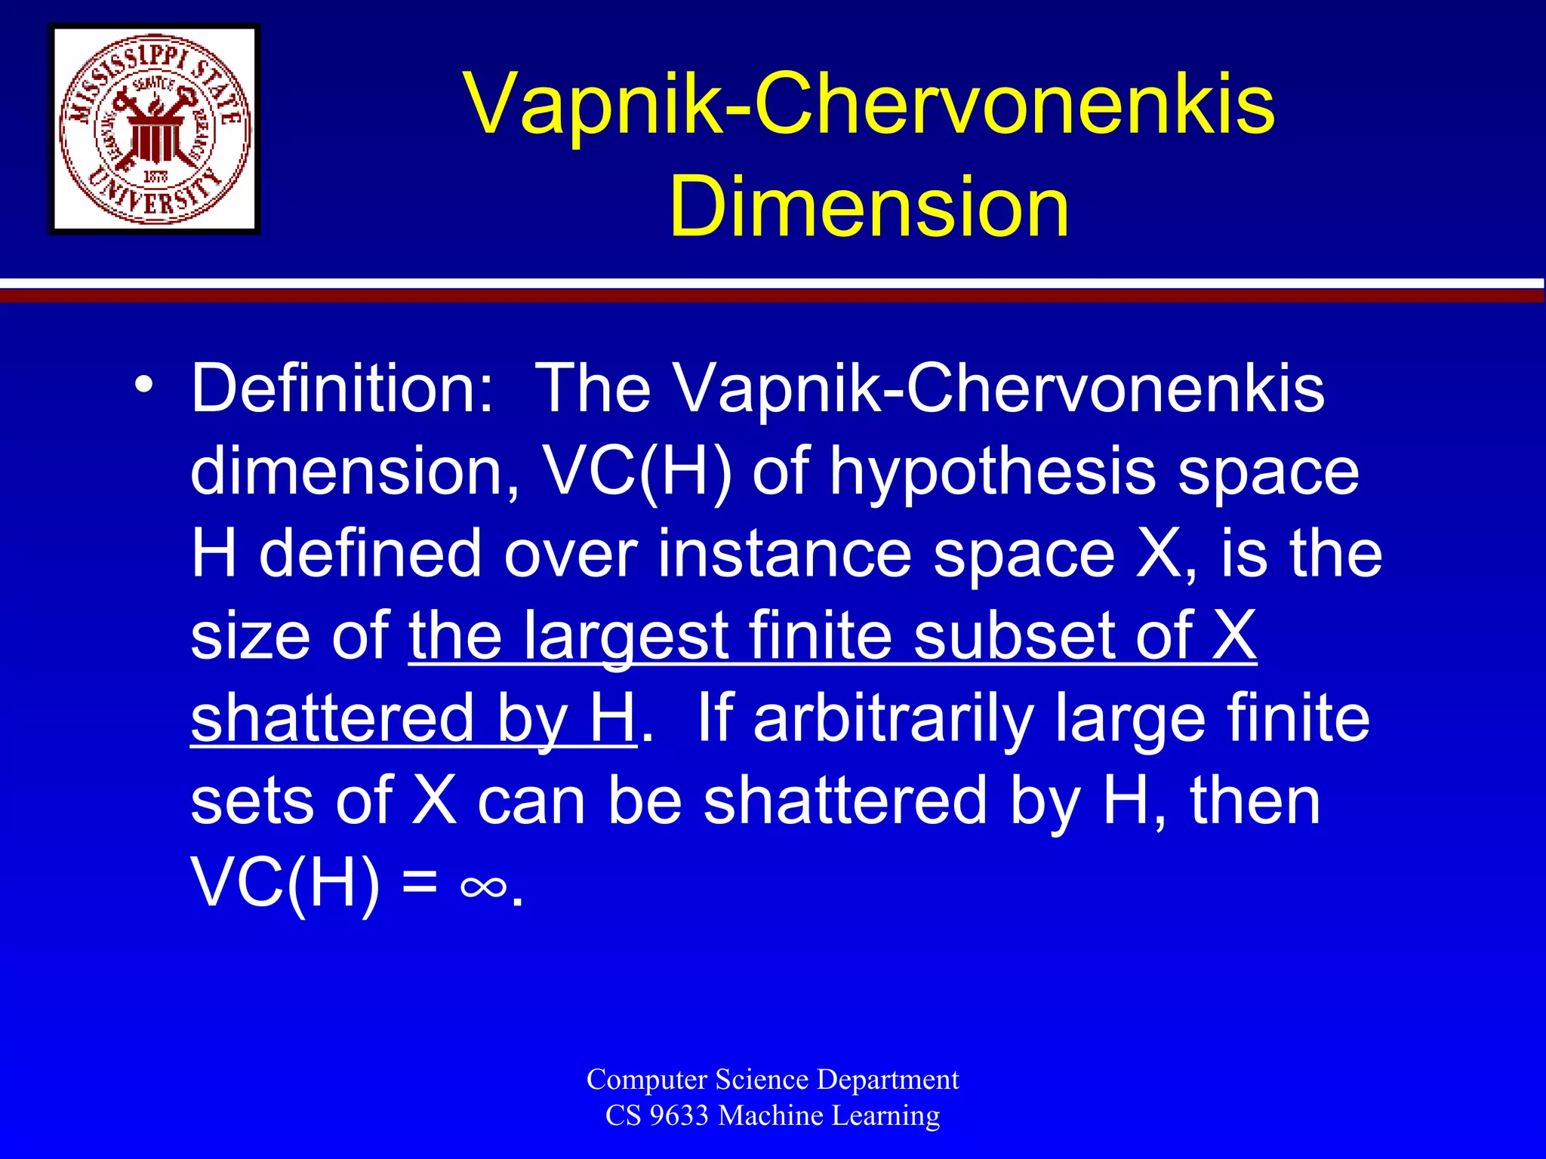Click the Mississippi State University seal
pos(155,129)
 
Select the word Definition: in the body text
pos(341,389)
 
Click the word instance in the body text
pos(785,555)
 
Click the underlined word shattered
pos(332,718)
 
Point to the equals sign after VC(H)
pos(420,883)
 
